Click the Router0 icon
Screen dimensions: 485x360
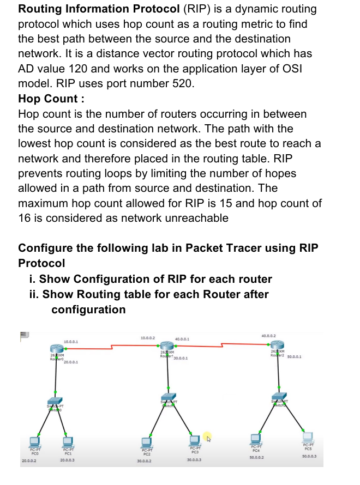pyautogui.click(x=56, y=349)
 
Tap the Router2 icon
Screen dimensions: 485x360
pyautogui.click(x=278, y=345)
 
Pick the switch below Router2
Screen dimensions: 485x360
pyautogui.click(x=279, y=396)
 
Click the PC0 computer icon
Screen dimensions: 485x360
pyautogui.click(x=34, y=440)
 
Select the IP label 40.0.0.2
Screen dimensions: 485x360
pyautogui.click(x=268, y=336)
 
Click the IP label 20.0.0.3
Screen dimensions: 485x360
pyautogui.click(x=68, y=460)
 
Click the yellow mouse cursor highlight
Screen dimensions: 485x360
pyautogui.click(x=208, y=436)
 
